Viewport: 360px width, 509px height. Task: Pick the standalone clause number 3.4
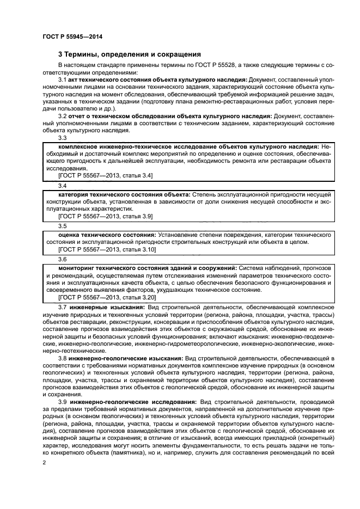tap(62, 186)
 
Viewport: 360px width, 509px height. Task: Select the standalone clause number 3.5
tap(62, 226)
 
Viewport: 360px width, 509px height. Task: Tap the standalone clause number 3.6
tap(62, 259)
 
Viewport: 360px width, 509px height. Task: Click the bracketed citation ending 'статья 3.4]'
tap(105, 176)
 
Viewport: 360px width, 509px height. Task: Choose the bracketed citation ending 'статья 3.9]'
tap(105, 216)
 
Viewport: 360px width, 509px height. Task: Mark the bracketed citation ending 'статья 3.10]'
tap(107, 249)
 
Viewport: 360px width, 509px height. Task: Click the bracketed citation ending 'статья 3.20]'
tap(107, 297)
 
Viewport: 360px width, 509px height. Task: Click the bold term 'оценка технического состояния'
tap(106, 235)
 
